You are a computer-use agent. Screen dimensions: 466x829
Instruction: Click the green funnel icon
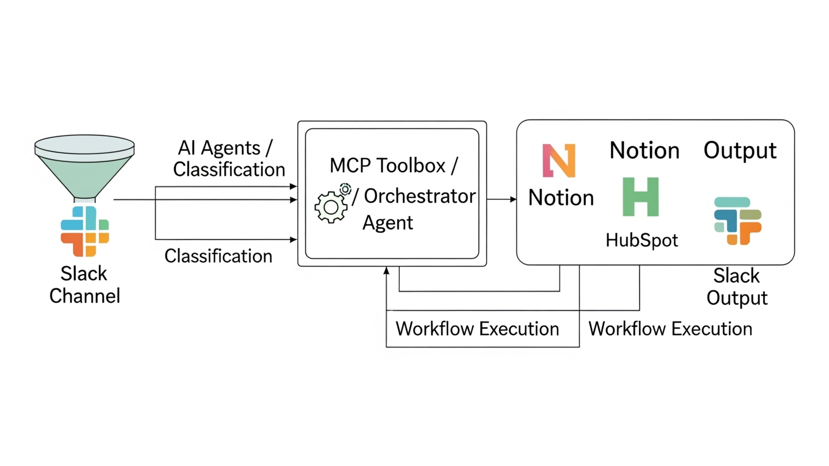point(84,166)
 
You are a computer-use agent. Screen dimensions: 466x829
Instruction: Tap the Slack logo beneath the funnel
point(85,231)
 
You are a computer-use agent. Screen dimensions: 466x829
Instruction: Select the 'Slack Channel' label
point(84,285)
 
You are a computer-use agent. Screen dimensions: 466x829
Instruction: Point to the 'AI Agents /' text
point(225,148)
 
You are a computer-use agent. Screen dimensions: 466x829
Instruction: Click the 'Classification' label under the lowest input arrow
point(218,256)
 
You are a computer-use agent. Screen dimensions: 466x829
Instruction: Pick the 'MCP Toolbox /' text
point(394,166)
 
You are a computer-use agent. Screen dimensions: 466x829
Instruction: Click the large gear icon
point(331,207)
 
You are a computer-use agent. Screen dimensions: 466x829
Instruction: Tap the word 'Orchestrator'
point(419,196)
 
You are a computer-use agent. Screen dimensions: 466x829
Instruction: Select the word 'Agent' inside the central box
point(387,223)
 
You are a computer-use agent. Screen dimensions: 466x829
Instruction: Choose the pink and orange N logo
point(559,160)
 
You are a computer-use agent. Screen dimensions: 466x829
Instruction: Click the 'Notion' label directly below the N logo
point(561,198)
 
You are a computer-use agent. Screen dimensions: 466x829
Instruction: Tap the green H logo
point(641,197)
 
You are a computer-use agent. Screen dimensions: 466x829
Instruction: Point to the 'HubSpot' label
point(641,240)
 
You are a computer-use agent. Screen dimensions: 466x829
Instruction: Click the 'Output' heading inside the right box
point(740,150)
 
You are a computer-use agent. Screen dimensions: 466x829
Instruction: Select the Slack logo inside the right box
point(738,221)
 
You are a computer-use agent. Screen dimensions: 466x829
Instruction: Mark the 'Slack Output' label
point(737,287)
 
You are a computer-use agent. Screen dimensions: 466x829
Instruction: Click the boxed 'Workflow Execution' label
point(477,329)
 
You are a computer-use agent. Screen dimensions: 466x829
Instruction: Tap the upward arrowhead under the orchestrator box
point(387,271)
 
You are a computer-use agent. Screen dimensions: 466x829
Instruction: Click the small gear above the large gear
point(345,189)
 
